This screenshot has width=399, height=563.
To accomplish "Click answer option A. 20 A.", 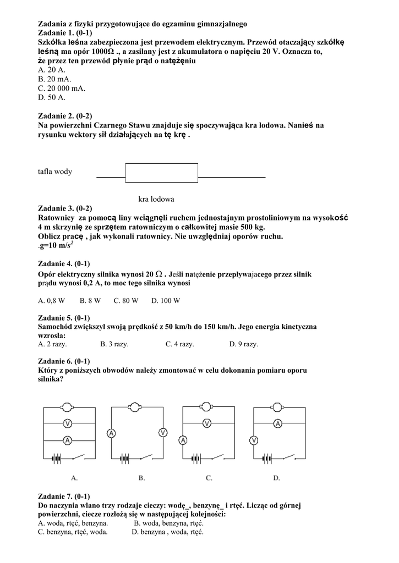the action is click(x=52, y=70).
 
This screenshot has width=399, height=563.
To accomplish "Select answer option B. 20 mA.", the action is click(x=54, y=79).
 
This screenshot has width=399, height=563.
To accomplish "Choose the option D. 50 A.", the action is click(x=52, y=97).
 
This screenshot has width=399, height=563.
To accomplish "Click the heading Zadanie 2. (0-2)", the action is click(x=65, y=115).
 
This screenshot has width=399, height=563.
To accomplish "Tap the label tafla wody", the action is click(x=55, y=172).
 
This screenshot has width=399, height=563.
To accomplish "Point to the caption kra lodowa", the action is click(x=156, y=199).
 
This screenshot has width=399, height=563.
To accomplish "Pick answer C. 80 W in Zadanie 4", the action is click(x=126, y=301).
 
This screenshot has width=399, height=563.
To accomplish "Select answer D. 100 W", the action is click(x=166, y=301).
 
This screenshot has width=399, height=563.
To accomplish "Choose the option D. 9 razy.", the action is click(x=244, y=344).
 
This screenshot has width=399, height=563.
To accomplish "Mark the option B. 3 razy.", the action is click(x=114, y=344).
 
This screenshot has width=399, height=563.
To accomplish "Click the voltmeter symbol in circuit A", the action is click(x=67, y=424).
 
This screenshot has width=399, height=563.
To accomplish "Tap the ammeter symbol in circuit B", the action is click(x=111, y=433).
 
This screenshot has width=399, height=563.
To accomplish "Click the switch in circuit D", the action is click(x=288, y=457).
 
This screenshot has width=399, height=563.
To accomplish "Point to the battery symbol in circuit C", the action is click(x=195, y=459).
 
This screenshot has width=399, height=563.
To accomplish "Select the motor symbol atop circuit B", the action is click(x=134, y=407).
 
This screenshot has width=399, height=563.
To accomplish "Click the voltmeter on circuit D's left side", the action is click(x=254, y=440).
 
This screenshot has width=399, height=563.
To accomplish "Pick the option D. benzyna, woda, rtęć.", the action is click(x=167, y=532).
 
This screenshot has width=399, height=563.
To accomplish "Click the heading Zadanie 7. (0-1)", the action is click(x=64, y=496).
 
